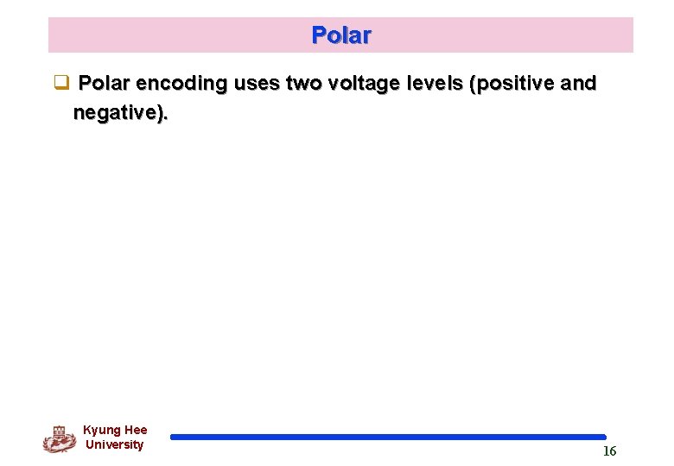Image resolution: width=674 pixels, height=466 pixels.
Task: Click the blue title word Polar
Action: pos(341,35)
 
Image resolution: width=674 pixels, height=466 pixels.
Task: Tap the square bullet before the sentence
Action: pos(60,84)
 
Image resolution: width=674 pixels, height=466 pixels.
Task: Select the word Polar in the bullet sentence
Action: pos(105,83)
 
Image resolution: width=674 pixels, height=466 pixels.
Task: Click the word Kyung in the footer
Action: pos(102,430)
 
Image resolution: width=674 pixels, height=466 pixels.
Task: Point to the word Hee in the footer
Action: pos(136,430)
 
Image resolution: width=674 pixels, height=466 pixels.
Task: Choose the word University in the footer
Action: pos(114,444)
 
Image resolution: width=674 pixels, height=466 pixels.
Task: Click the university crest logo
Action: pos(59,438)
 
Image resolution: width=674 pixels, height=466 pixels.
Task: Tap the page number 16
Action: pos(609,451)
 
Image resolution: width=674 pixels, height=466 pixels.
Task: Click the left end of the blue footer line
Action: pos(174,437)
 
